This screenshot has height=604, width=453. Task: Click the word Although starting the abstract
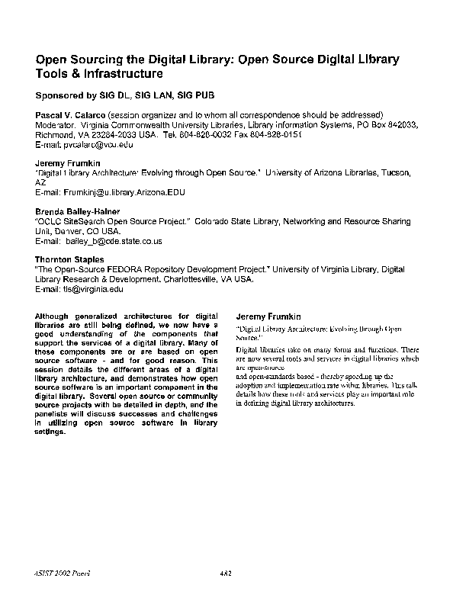57,315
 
